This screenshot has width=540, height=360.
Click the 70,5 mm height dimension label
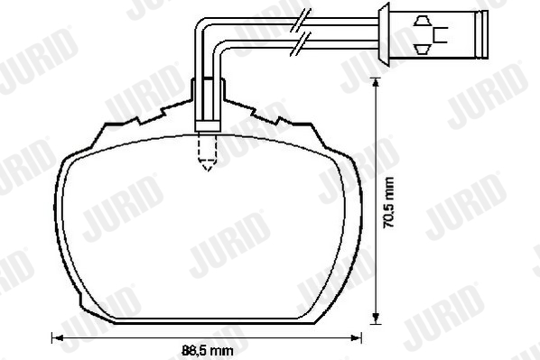pos(388,202)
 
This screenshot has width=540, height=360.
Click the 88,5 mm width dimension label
pos(208,351)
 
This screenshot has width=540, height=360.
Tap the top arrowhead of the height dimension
pos(376,83)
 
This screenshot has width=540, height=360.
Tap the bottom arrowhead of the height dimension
pos(376,318)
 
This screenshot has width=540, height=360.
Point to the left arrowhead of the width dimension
pos(57,337)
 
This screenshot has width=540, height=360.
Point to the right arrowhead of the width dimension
pos(356,337)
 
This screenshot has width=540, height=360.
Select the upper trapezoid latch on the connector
pos(423,21)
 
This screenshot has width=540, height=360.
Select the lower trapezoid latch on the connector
pos(423,50)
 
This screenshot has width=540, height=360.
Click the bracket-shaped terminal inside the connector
pos(439,35)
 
